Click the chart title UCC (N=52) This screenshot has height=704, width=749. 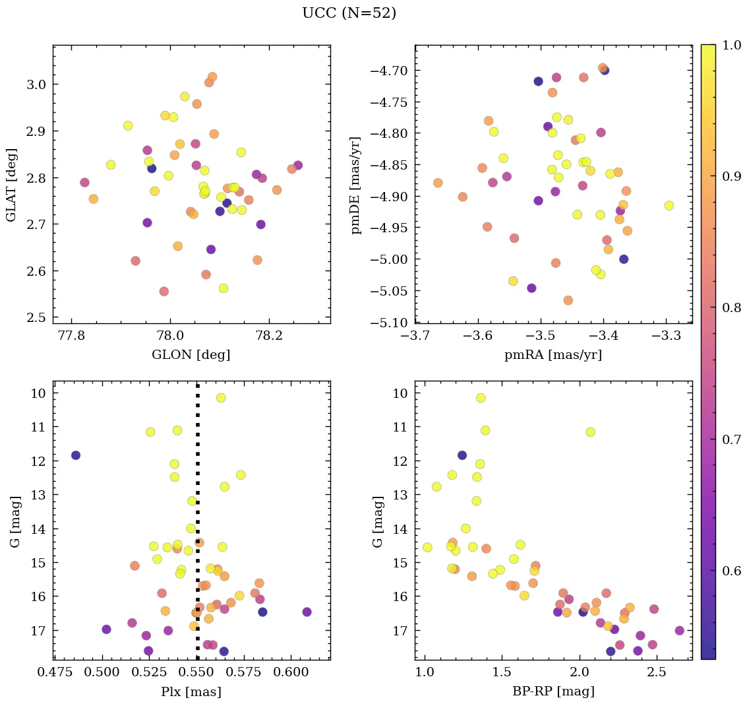[349, 13]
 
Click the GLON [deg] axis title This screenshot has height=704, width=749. [191, 355]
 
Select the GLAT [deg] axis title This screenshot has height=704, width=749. [11, 184]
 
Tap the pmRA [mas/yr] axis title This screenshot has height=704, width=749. [553, 355]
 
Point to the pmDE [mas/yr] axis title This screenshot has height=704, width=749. [357, 184]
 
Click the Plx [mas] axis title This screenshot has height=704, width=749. [191, 691]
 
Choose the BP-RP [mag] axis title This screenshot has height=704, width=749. [553, 691]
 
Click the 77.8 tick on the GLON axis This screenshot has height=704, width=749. [71, 335]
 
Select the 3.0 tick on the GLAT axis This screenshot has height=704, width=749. [38, 84]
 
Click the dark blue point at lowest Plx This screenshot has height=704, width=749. [76, 455]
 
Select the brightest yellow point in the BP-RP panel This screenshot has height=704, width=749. [481, 398]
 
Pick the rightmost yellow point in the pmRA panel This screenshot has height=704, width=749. [669, 205]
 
